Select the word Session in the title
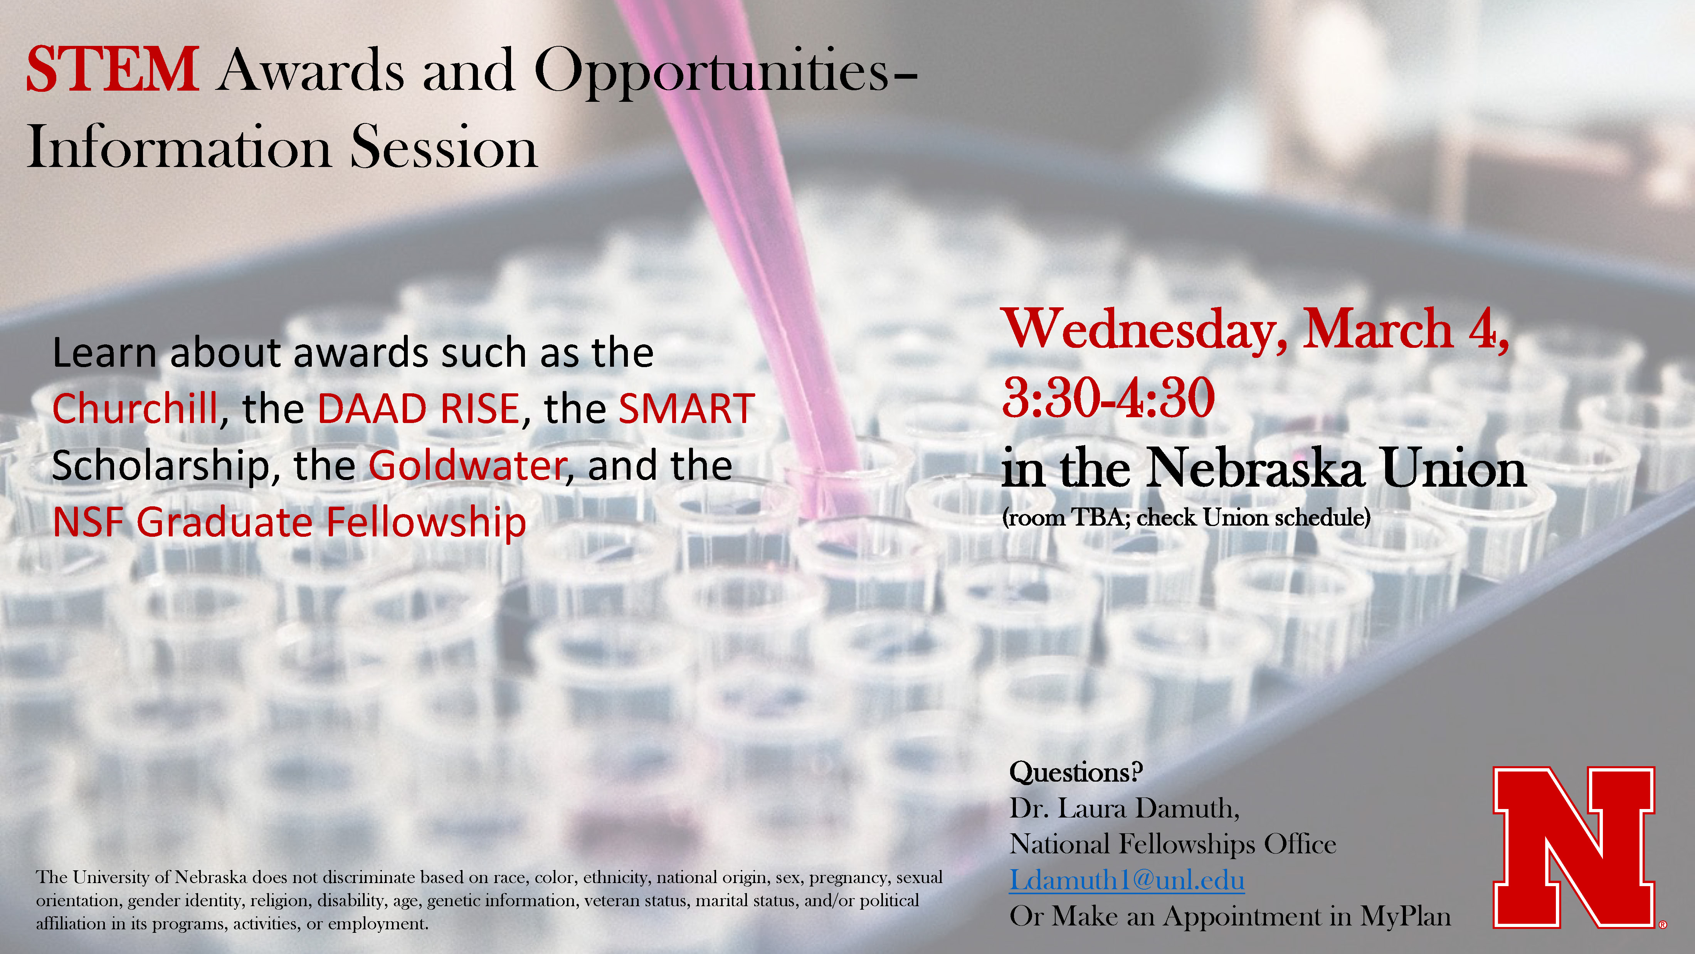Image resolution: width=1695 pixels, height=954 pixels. tap(444, 147)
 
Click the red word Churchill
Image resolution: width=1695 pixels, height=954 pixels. tap(135, 408)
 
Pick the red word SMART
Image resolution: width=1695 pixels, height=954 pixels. tap(687, 409)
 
